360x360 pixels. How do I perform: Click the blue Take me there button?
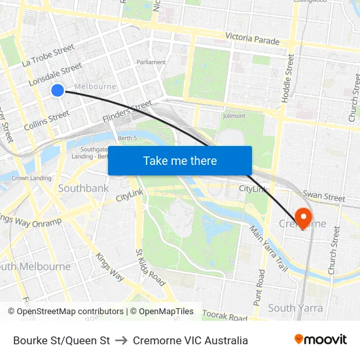click(x=180, y=160)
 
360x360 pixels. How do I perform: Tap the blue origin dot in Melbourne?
click(x=58, y=90)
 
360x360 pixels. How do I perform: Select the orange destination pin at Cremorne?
click(x=304, y=217)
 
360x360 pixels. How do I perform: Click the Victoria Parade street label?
click(x=252, y=39)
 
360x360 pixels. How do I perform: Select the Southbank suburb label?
click(x=83, y=189)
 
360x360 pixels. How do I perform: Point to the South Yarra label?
click(x=295, y=308)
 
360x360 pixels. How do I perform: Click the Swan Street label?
click(x=324, y=196)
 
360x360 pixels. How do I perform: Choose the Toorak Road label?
click(x=225, y=317)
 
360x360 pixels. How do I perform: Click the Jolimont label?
click(x=234, y=116)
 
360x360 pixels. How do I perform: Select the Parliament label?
click(x=151, y=62)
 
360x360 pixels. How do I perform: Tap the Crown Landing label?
click(x=31, y=178)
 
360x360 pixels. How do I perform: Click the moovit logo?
click(x=321, y=340)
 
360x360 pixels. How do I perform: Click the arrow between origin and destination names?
click(x=121, y=340)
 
